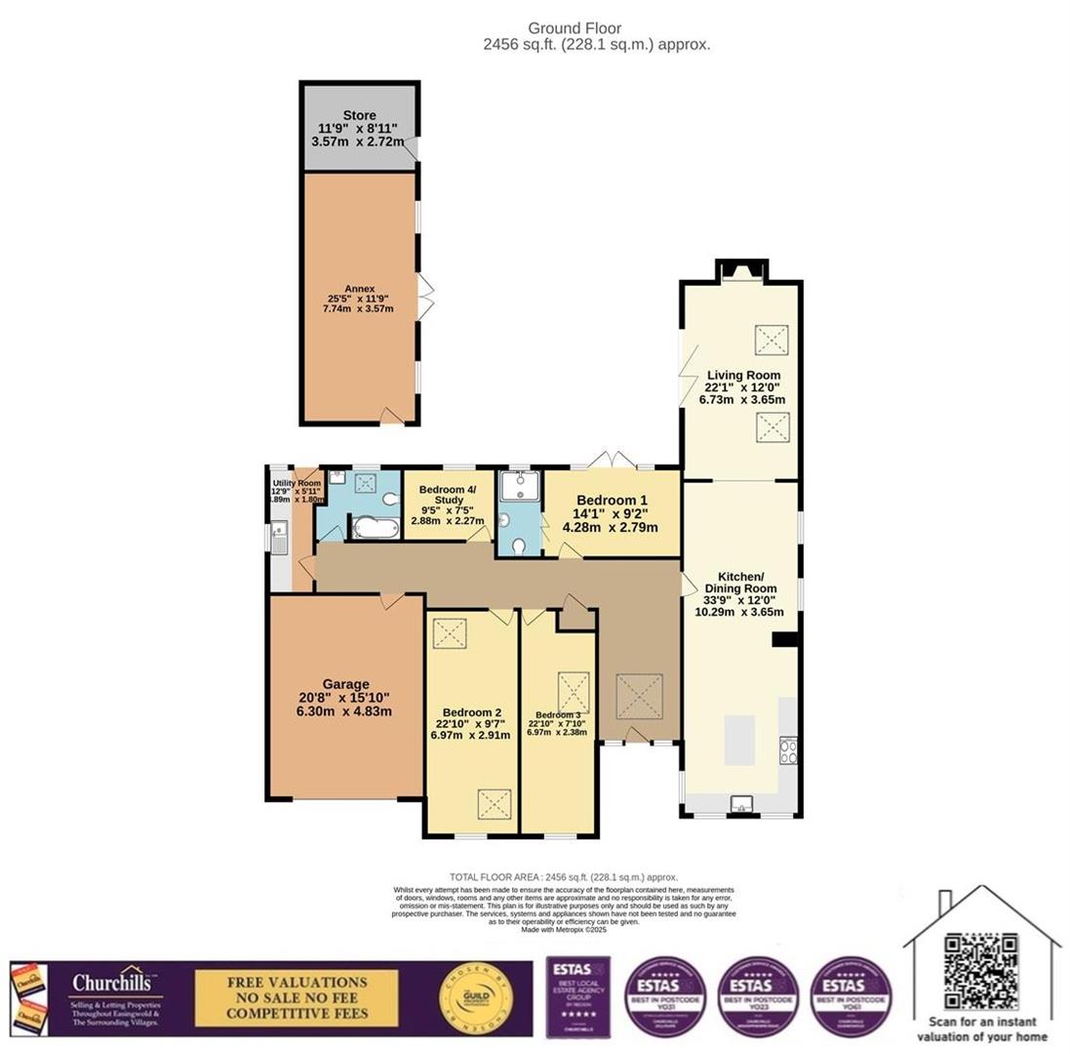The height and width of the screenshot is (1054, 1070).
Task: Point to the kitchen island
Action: coord(738,739)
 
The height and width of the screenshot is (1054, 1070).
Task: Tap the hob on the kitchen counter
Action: coord(788,750)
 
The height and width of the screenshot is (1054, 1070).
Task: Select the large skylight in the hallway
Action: coord(639,696)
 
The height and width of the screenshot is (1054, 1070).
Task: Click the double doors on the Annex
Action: coord(424,298)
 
